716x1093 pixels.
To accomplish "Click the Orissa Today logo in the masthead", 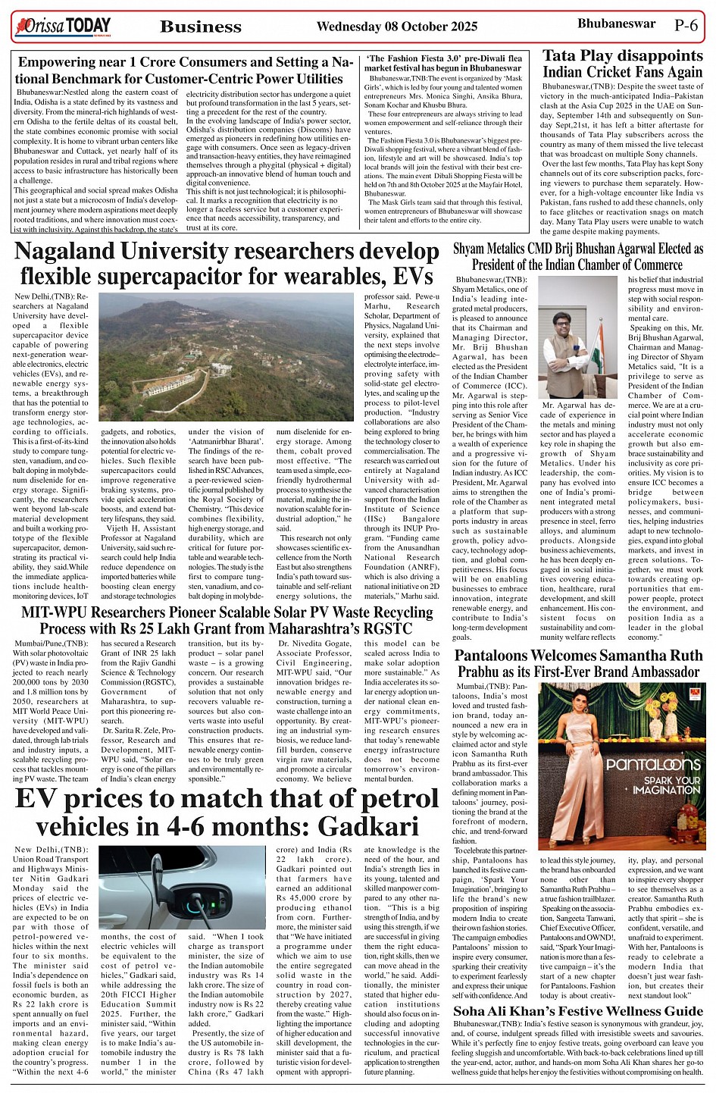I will [62, 27].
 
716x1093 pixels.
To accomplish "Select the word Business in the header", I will [201, 27].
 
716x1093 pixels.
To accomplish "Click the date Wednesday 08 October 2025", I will [396, 27].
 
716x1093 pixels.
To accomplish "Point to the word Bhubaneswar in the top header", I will [616, 23].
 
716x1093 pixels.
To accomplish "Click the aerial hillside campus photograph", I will [227, 357].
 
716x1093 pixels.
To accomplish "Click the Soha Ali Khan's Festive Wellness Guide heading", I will [578, 1011].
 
